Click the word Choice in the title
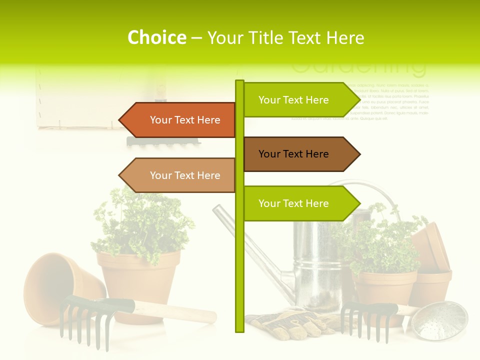pyautogui.click(x=156, y=37)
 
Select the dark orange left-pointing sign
pyautogui.click(x=180, y=120)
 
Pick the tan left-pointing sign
pyautogui.click(x=180, y=175)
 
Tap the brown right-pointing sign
pyautogui.click(x=299, y=154)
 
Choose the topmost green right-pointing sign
pyautogui.click(x=299, y=100)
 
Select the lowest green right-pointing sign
pyautogui.click(x=299, y=203)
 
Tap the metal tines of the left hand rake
pyautogui.click(x=80, y=325)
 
